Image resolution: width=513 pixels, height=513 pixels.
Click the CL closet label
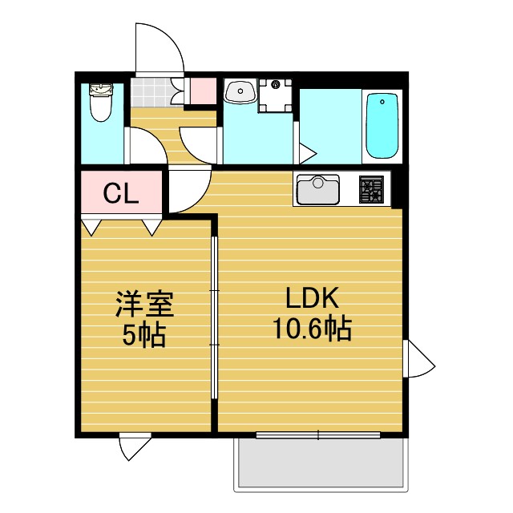tap(121, 193)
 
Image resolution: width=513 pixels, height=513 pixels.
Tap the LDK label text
tap(312, 297)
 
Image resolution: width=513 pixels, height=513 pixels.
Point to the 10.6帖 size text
tap(312, 328)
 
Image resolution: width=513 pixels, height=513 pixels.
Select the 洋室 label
tap(144, 304)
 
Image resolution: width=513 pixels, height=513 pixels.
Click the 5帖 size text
tap(143, 335)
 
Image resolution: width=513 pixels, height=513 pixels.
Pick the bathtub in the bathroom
tap(382, 126)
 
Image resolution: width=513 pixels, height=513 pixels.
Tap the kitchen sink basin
tap(317, 190)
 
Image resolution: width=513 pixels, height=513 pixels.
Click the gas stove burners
tap(371, 189)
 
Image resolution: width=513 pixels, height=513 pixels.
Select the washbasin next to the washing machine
tap(240, 91)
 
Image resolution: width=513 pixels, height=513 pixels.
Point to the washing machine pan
tap(275, 95)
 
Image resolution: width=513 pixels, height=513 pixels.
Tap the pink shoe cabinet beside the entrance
tap(203, 91)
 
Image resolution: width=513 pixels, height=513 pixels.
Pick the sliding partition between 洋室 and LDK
tap(214, 317)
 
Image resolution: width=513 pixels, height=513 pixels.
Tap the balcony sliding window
tap(318, 434)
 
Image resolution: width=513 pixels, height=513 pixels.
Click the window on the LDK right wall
tap(418, 358)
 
